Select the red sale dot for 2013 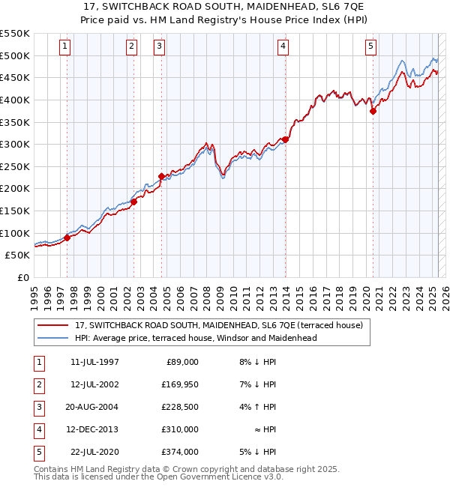click(x=285, y=139)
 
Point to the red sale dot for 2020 click(x=373, y=111)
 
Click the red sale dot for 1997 click(x=67, y=238)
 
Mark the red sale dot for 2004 click(x=161, y=176)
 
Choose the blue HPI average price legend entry click(x=195, y=338)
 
